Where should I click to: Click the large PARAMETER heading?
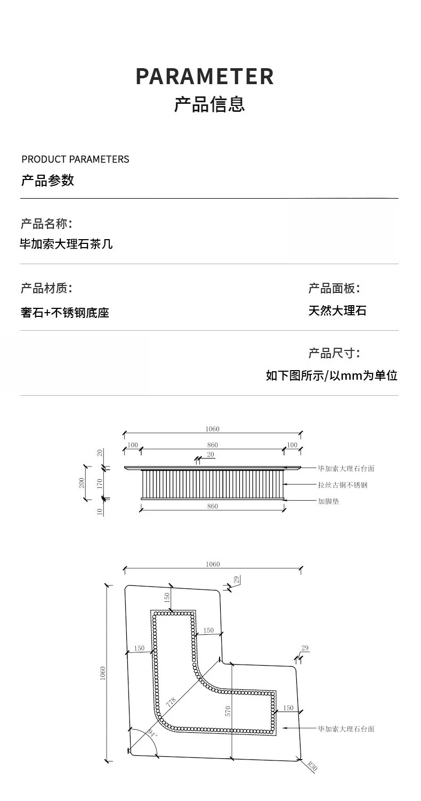pyautogui.click(x=205, y=76)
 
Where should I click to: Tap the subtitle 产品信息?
pyautogui.click(x=209, y=104)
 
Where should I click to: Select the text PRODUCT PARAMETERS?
pyautogui.click(x=75, y=159)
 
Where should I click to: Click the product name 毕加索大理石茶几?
pyautogui.click(x=66, y=244)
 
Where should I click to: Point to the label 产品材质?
pyautogui.click(x=46, y=288)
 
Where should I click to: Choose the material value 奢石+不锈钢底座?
pyautogui.click(x=64, y=313)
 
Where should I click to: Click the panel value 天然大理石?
pyautogui.click(x=337, y=310)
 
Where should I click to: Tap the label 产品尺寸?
pyautogui.click(x=334, y=353)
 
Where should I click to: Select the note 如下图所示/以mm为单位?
pyautogui.click(x=331, y=375)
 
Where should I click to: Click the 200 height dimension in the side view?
pyautogui.click(x=82, y=483)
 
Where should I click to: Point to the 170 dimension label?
pyautogui.click(x=100, y=484)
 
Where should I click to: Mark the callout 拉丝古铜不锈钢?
pyautogui.click(x=343, y=485)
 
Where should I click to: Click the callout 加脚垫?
pyautogui.click(x=328, y=501)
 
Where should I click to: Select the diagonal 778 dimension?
pyautogui.click(x=171, y=702)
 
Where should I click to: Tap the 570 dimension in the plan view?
pyautogui.click(x=228, y=711)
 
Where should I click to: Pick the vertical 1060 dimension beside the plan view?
pyautogui.click(x=103, y=673)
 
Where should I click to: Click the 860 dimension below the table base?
pyautogui.click(x=213, y=506)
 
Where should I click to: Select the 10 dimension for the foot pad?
pyautogui.click(x=100, y=512)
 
